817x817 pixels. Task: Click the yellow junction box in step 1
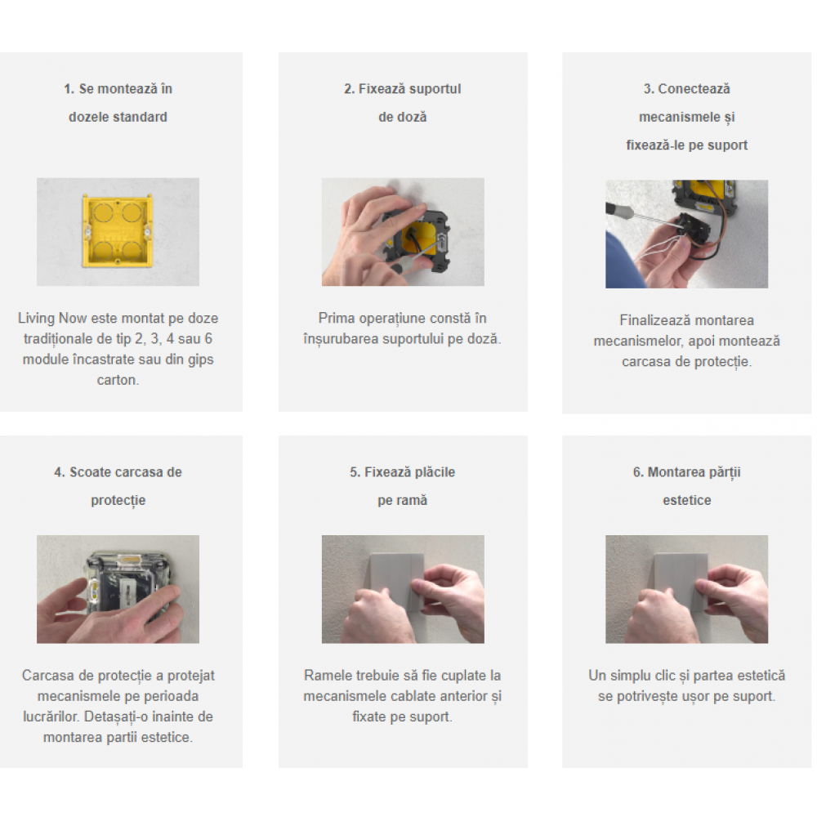click(x=118, y=231)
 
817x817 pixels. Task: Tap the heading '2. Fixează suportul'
click(x=402, y=89)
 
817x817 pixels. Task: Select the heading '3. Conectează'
click(x=687, y=89)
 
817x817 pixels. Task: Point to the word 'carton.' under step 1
click(x=118, y=380)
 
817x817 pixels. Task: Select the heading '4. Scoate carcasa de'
click(x=118, y=472)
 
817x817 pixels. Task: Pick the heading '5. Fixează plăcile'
click(x=402, y=472)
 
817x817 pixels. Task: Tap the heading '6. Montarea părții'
click(x=687, y=472)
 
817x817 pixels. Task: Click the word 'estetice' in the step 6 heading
click(x=687, y=500)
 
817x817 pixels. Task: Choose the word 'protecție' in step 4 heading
click(x=118, y=501)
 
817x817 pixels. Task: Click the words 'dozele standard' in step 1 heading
click(x=118, y=117)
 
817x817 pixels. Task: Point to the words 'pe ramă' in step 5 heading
click(x=402, y=501)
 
